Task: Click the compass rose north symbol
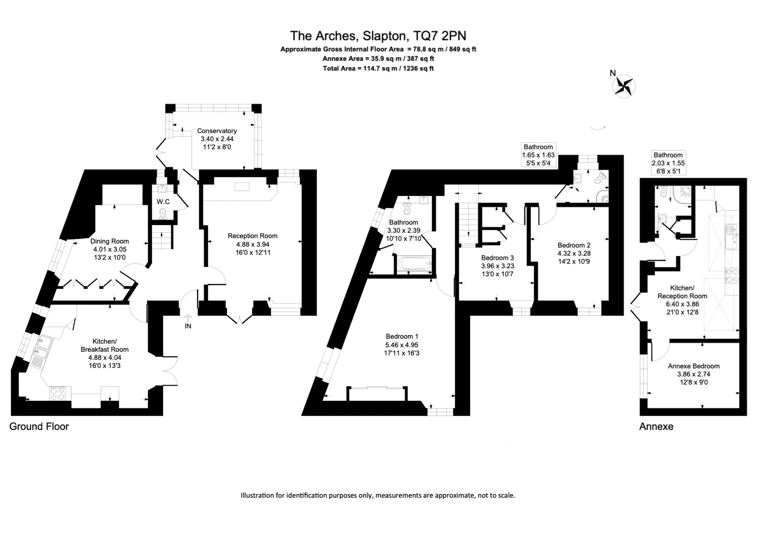(x=624, y=86)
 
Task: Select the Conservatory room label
(x=217, y=131)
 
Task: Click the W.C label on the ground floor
(x=163, y=202)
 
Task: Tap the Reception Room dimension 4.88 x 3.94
(x=253, y=244)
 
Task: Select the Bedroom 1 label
(x=402, y=336)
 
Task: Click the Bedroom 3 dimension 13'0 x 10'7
(x=497, y=274)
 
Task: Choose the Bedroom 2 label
(x=574, y=245)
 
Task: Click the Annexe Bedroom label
(x=694, y=366)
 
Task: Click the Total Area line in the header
(x=378, y=68)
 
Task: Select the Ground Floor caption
(x=39, y=427)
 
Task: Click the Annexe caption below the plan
(x=656, y=427)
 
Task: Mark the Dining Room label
(x=109, y=241)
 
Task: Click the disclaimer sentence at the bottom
(x=378, y=495)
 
